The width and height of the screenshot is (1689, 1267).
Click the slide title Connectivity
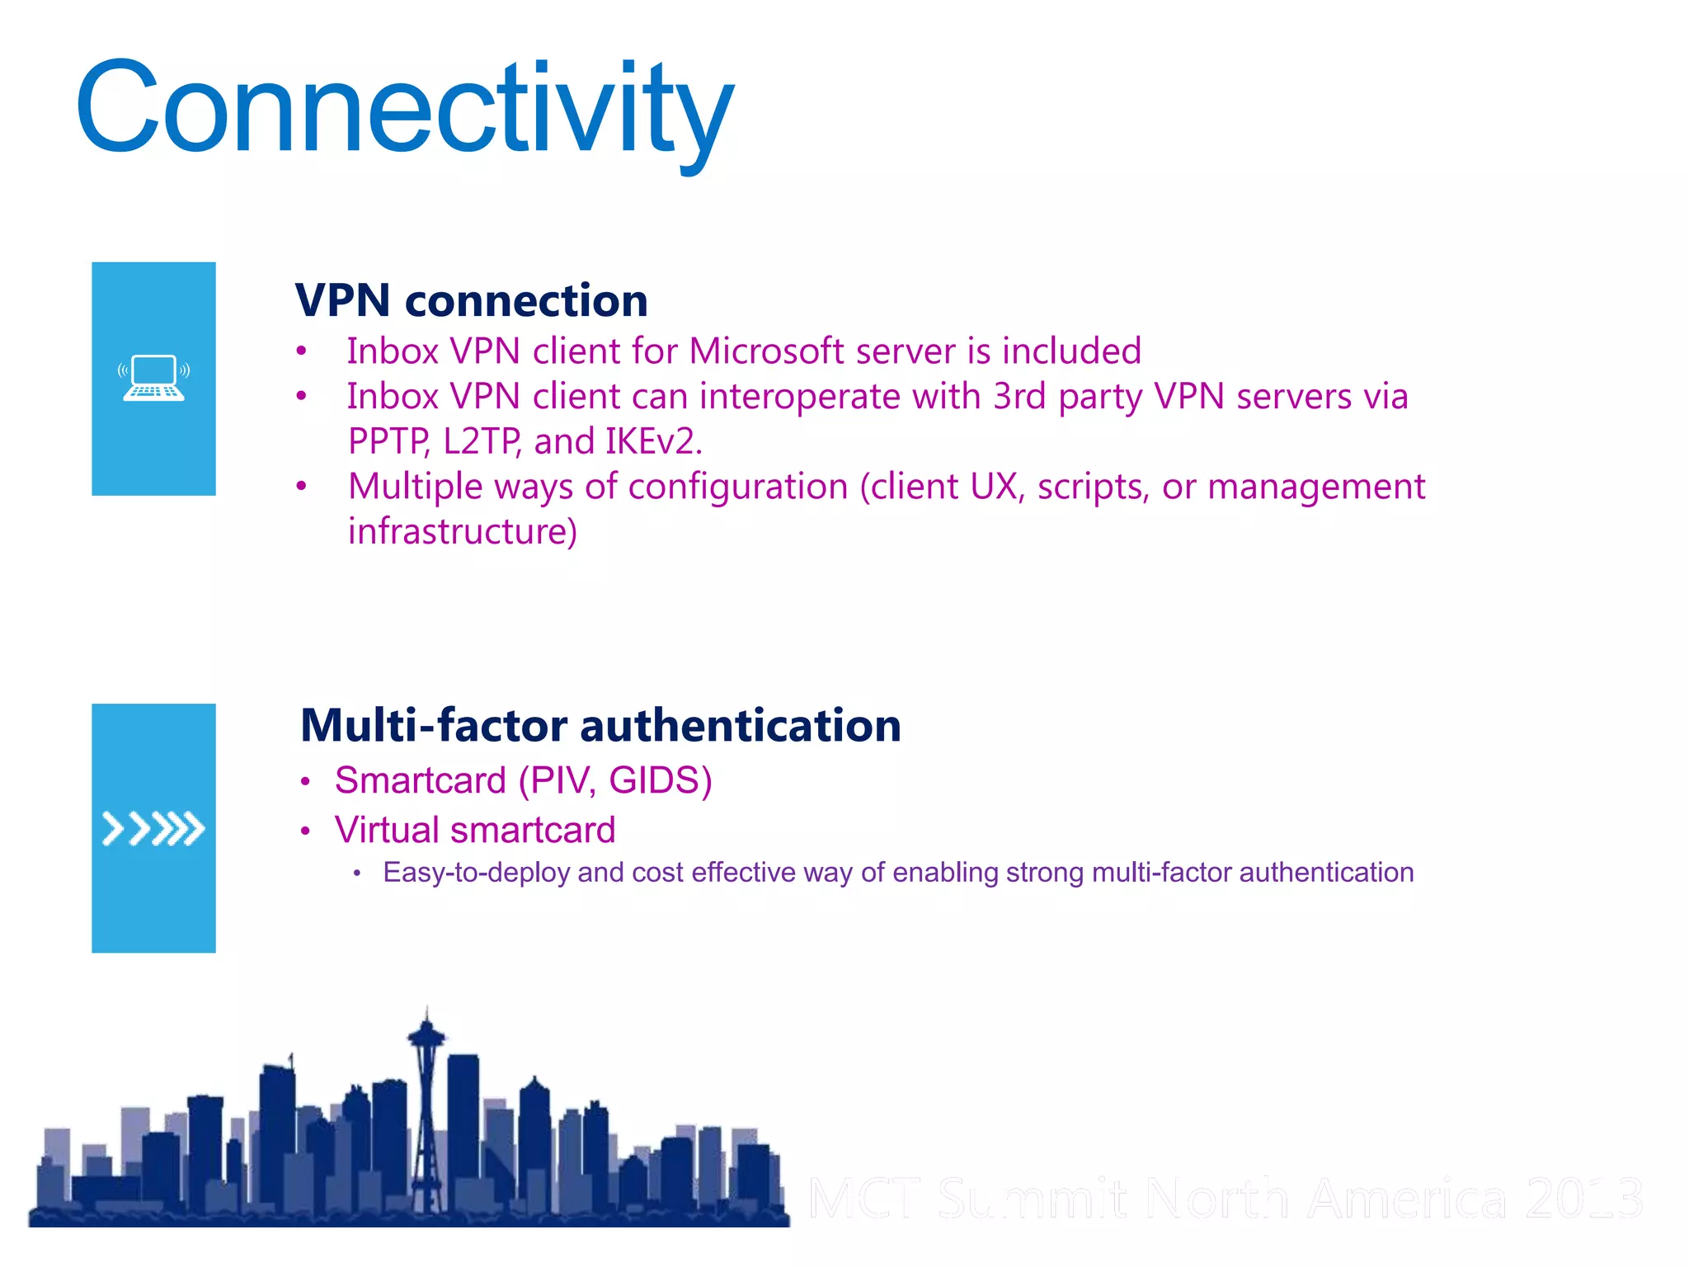point(404,109)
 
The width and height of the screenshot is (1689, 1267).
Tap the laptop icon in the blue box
point(154,379)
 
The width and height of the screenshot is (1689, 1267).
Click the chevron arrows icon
point(153,829)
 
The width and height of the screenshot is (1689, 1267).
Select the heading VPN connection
point(471,300)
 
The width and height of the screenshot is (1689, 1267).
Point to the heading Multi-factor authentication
point(600,726)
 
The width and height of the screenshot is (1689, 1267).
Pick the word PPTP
point(388,441)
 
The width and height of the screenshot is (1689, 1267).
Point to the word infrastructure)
point(463,532)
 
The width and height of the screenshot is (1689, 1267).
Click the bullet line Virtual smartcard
point(475,830)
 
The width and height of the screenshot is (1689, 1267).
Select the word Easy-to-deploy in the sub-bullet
point(477,873)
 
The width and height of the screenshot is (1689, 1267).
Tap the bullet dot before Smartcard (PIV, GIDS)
point(305,782)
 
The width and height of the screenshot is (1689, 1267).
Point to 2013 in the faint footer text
point(1583,1199)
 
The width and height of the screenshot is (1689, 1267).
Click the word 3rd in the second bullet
point(1019,397)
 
